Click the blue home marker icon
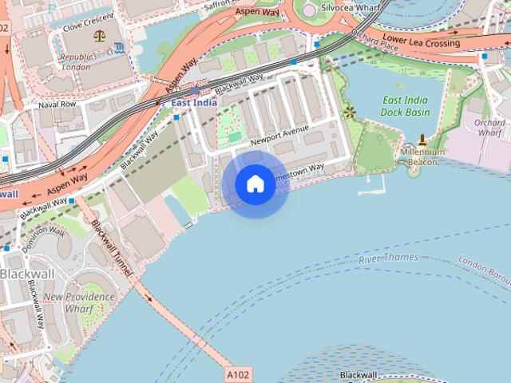pyautogui.click(x=255, y=184)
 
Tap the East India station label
pyautogui.click(x=194, y=103)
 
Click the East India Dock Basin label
pyautogui.click(x=406, y=106)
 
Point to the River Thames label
pyautogui.click(x=388, y=260)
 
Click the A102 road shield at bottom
pyautogui.click(x=236, y=373)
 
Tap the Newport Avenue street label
pyautogui.click(x=279, y=136)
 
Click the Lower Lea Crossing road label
pyautogui.click(x=421, y=39)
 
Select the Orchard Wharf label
pyautogui.click(x=489, y=128)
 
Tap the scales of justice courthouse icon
pyautogui.click(x=100, y=35)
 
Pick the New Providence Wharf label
pyautogui.click(x=79, y=302)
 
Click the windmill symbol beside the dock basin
pyautogui.click(x=349, y=113)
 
